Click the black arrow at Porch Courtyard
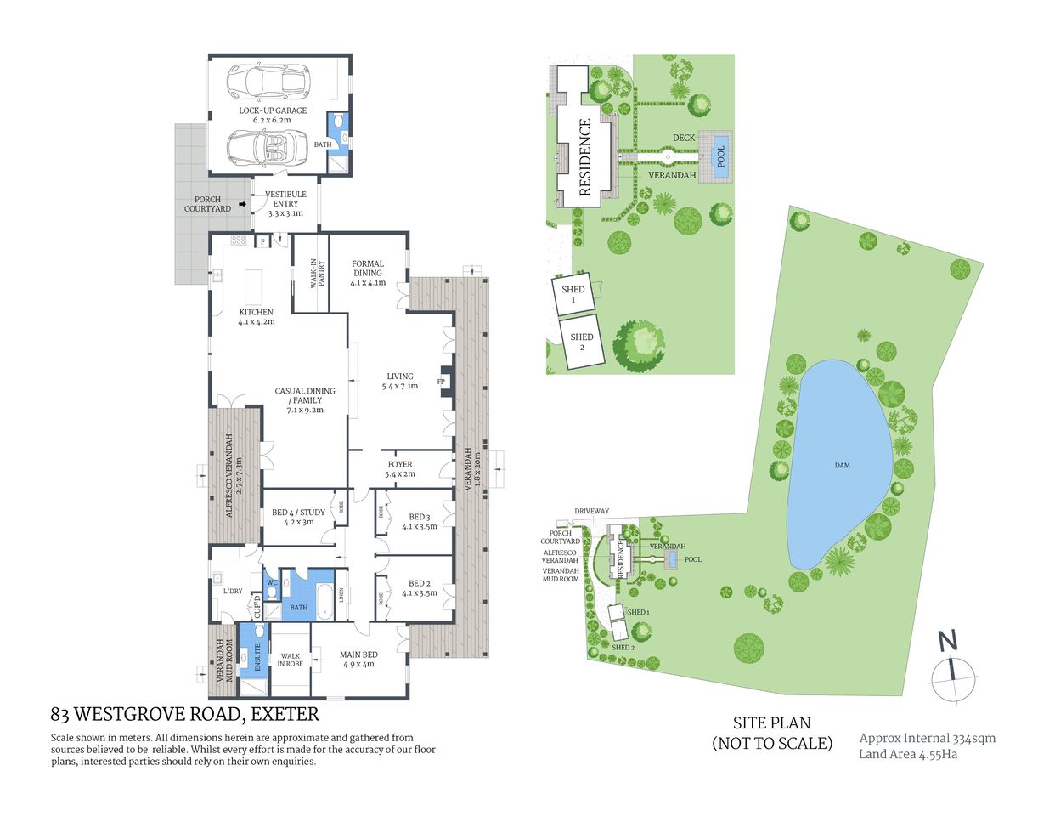tap(242, 205)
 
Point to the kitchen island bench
tap(254, 287)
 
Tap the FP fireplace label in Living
tap(441, 382)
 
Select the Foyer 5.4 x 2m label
tap(400, 469)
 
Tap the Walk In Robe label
tap(290, 660)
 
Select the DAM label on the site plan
tap(842, 465)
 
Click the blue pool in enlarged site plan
tap(721, 156)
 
